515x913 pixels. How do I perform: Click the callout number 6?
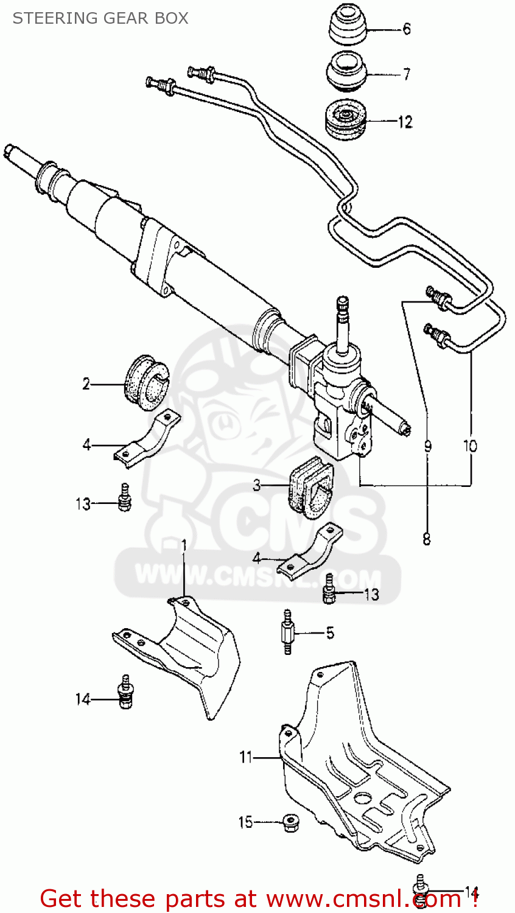click(407, 29)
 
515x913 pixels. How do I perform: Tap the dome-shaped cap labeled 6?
click(347, 27)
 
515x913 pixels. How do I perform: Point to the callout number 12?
click(405, 122)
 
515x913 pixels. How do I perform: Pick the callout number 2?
click(86, 384)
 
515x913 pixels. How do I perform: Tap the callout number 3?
click(257, 485)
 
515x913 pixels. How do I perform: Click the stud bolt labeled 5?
click(287, 632)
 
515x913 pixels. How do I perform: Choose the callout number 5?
click(330, 633)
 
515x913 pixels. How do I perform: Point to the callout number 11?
click(246, 757)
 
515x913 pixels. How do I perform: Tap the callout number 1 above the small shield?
click(183, 545)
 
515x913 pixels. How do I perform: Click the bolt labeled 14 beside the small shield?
click(125, 693)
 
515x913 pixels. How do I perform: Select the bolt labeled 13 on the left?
click(125, 498)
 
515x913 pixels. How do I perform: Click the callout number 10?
click(470, 446)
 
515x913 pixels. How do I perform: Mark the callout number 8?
click(426, 539)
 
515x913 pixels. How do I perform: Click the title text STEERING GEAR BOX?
click(100, 18)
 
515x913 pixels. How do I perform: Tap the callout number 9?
click(427, 446)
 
